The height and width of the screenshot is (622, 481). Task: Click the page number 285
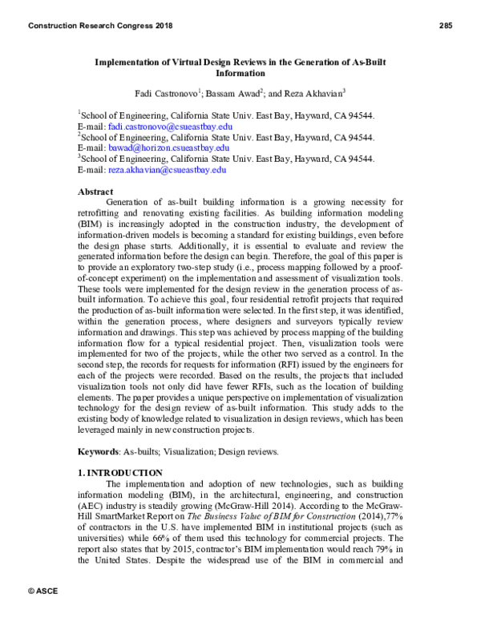click(446, 26)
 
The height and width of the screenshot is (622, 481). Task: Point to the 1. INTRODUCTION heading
click(119, 473)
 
